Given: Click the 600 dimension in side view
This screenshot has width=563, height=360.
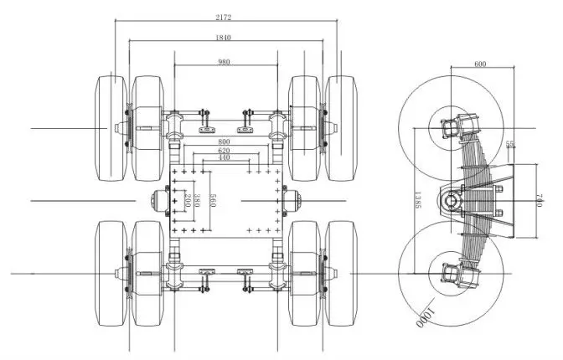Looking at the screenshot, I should (x=480, y=64).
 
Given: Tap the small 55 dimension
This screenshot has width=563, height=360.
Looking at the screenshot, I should (x=510, y=144).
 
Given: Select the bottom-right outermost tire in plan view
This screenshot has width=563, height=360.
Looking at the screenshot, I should (x=343, y=272).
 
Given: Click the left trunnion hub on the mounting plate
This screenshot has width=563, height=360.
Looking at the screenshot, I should (x=160, y=201).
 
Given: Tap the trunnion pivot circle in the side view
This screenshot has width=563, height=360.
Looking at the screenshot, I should (x=452, y=201).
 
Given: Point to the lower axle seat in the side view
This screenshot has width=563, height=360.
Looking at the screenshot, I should (x=450, y=273).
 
